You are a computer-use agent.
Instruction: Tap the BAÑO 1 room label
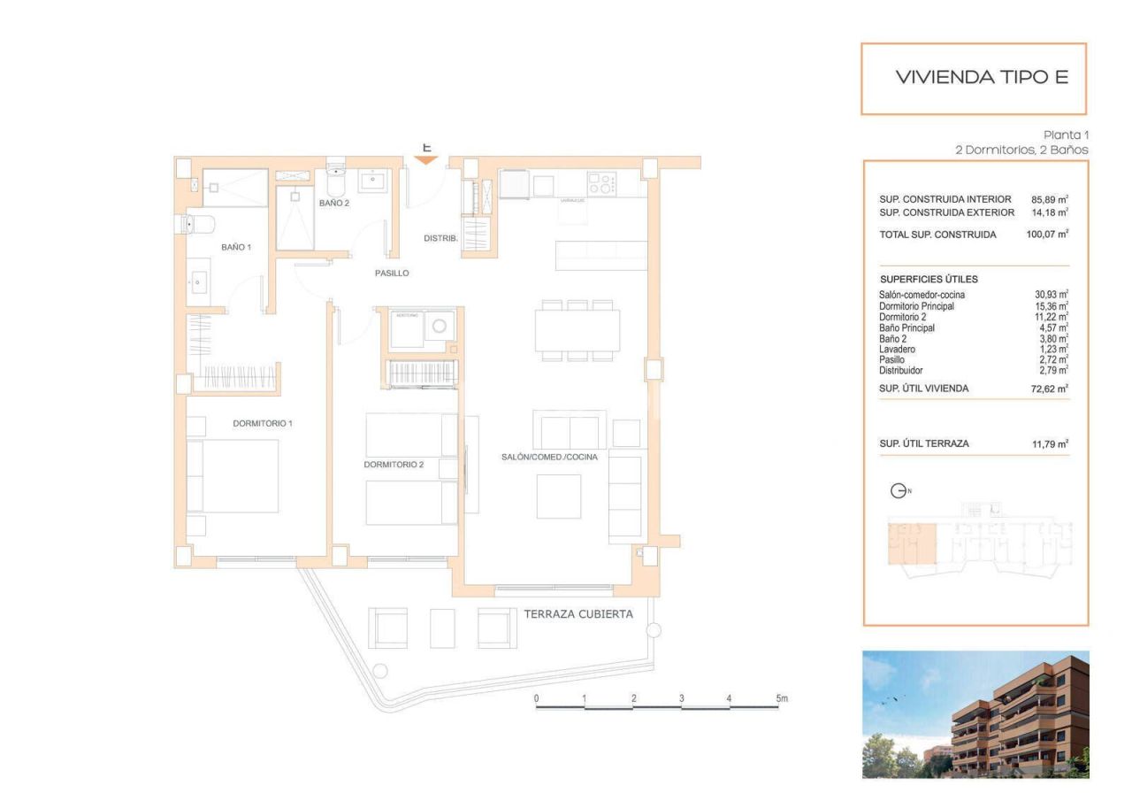pyautogui.click(x=236, y=247)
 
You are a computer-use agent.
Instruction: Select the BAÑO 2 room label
pyautogui.click(x=334, y=204)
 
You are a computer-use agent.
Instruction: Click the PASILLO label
pyautogui.click(x=392, y=273)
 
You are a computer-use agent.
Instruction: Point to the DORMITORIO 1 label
pyautogui.click(x=263, y=423)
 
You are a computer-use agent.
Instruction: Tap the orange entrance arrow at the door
pyautogui.click(x=426, y=160)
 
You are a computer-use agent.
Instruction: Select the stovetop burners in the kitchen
pyautogui.click(x=600, y=185)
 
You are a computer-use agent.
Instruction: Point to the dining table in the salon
pyautogui.click(x=577, y=331)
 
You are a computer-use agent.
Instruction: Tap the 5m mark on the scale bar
pyautogui.click(x=781, y=698)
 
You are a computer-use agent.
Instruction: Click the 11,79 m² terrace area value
pyautogui.click(x=1051, y=444)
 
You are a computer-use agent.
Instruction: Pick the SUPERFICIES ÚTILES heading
pyautogui.click(x=928, y=279)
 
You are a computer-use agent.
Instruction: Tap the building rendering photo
pyautogui.click(x=975, y=714)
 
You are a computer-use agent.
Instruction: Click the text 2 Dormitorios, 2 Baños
pyautogui.click(x=1021, y=150)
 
